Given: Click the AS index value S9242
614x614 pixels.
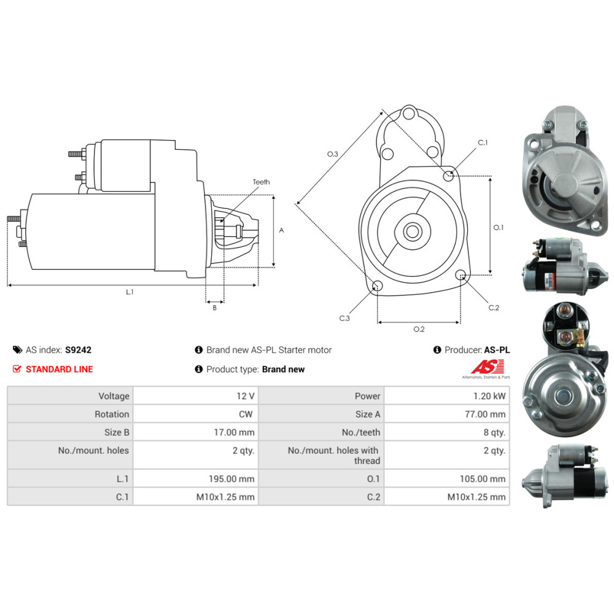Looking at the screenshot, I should point(78,350).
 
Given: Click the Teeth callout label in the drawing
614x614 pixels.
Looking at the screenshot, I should point(261,182).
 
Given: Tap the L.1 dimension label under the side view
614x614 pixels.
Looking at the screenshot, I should point(130,292).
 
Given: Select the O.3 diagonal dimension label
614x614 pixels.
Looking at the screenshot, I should point(332,154).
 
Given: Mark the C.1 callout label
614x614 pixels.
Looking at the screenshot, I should point(483,142).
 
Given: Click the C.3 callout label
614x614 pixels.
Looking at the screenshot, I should point(344,318).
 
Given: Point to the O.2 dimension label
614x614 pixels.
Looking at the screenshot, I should point(419,330).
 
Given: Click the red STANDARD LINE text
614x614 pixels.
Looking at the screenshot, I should point(60,369).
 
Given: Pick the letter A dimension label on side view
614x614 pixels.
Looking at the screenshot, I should point(281,231).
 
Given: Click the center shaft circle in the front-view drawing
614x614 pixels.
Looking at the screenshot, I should point(412,231).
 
